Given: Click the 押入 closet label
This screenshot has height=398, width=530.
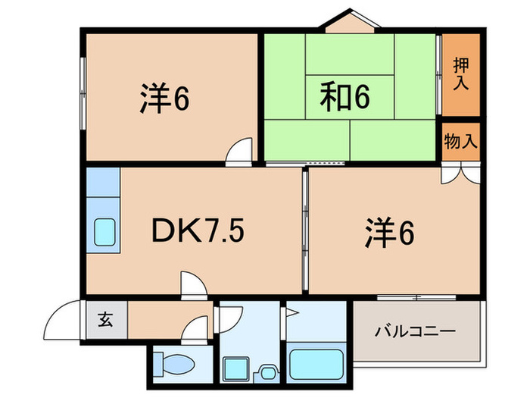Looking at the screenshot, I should click(460, 74).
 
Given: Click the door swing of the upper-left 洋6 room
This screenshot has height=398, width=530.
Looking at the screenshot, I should click(241, 151).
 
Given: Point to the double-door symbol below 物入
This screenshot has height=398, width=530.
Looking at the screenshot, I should click(461, 174).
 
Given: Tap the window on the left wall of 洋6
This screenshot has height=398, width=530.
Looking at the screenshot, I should click(82, 92).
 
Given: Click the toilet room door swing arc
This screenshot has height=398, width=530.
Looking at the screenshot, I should click(198, 329).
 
